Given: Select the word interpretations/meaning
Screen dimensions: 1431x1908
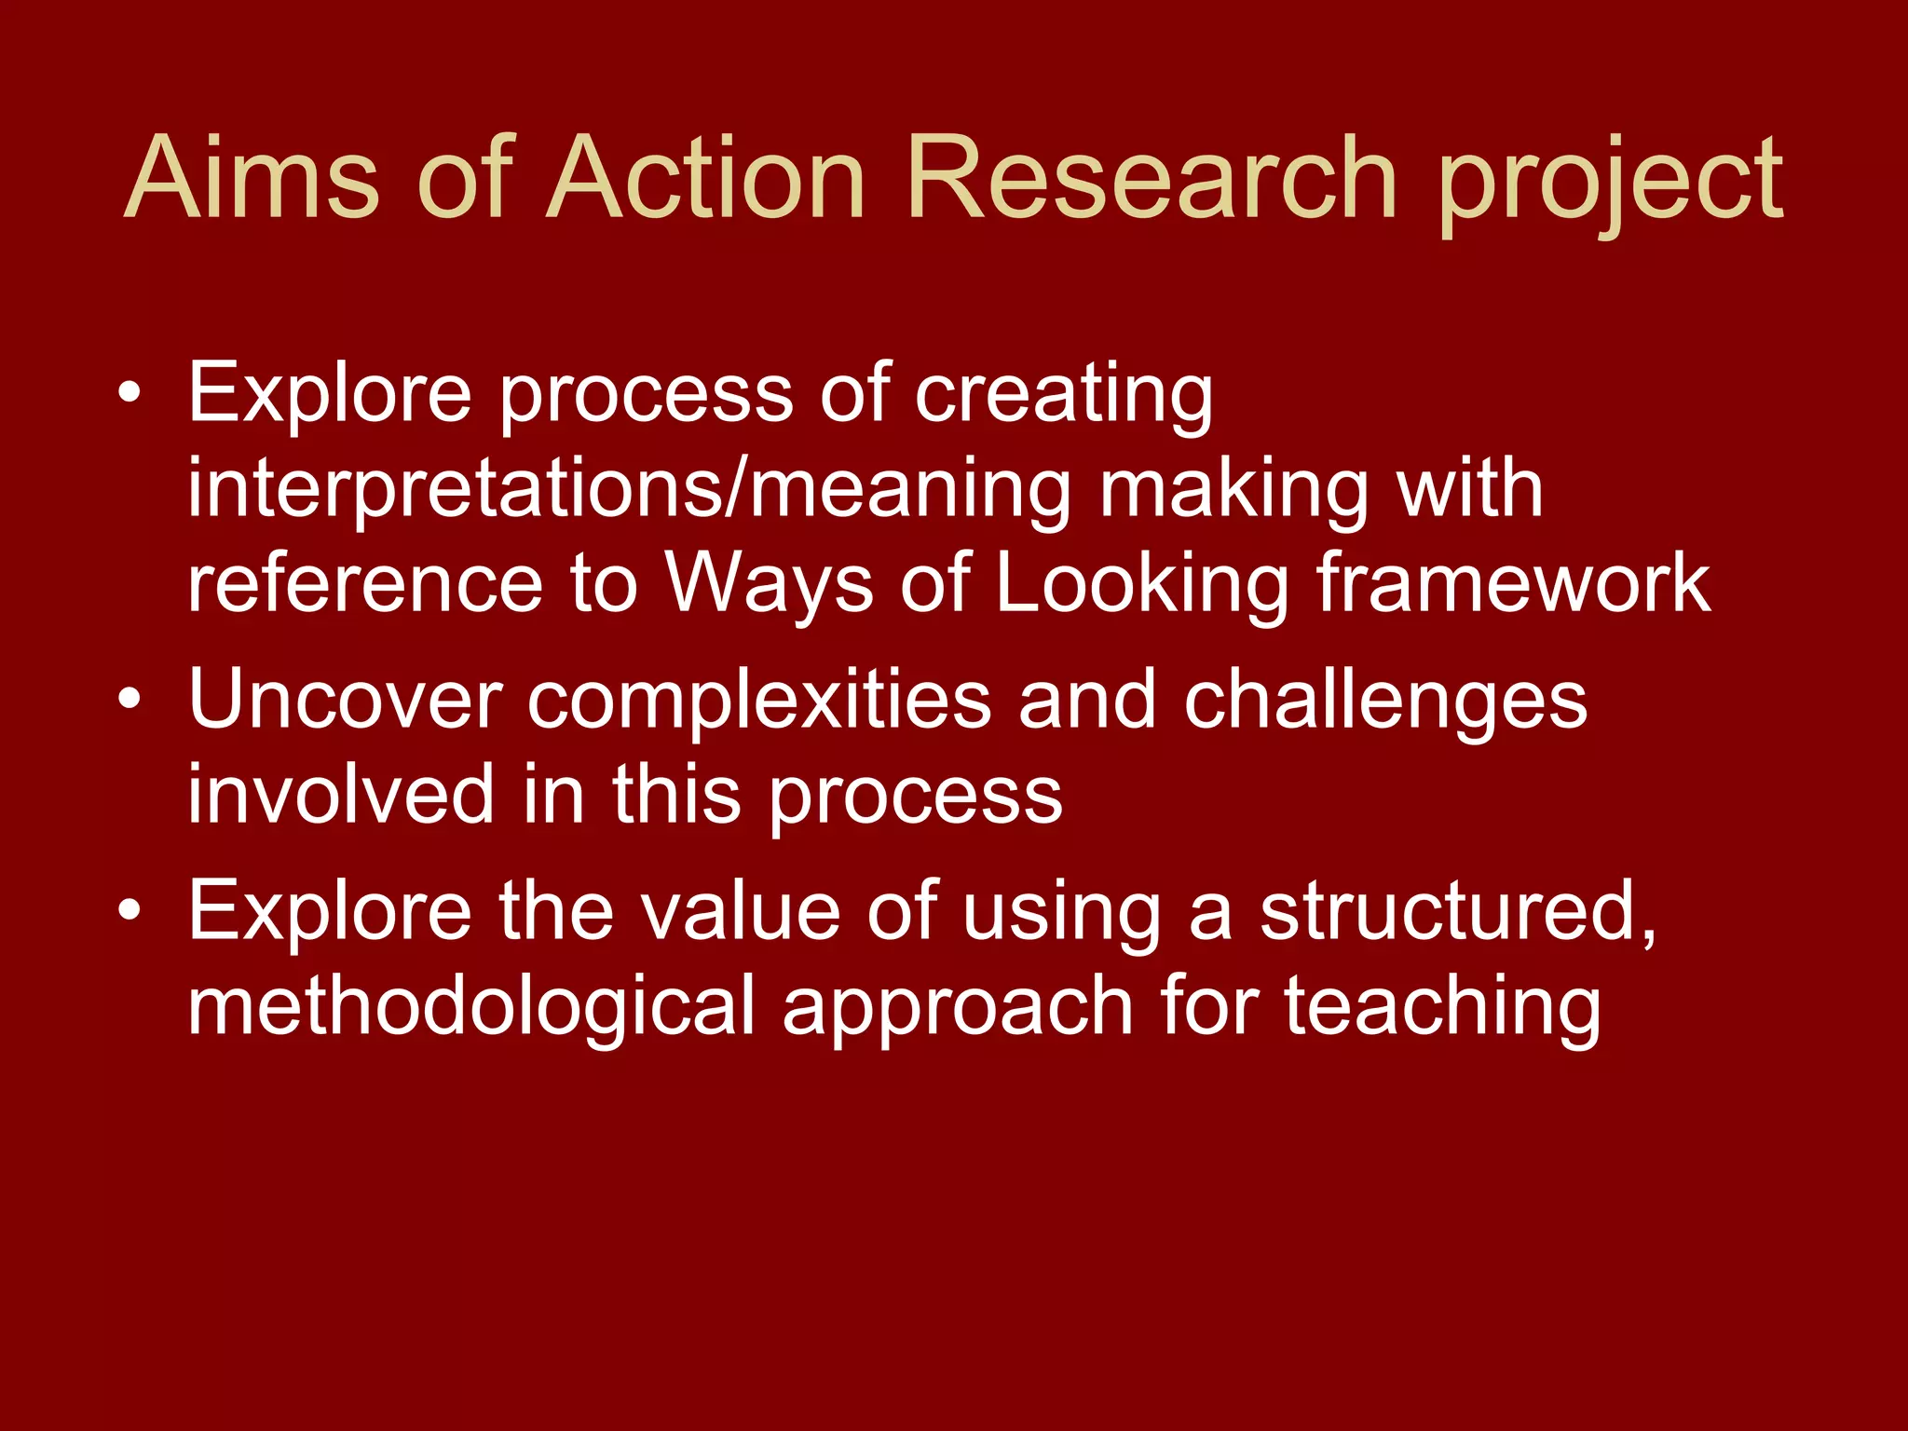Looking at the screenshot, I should click(629, 491).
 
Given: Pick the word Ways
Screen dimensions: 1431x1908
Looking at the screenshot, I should click(769, 585).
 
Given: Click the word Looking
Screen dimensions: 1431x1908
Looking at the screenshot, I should click(1141, 585).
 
